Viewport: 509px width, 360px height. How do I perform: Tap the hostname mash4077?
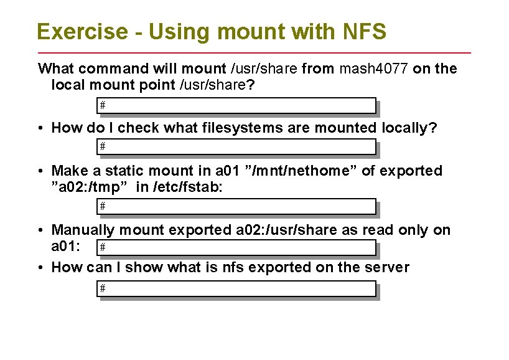point(373,69)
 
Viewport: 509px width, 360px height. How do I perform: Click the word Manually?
point(83,230)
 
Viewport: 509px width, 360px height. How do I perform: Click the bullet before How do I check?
point(39,129)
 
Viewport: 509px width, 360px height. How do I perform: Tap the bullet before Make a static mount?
point(39,171)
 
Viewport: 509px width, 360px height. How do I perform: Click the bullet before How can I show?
point(39,268)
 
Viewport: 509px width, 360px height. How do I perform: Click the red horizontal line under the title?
point(254,52)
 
